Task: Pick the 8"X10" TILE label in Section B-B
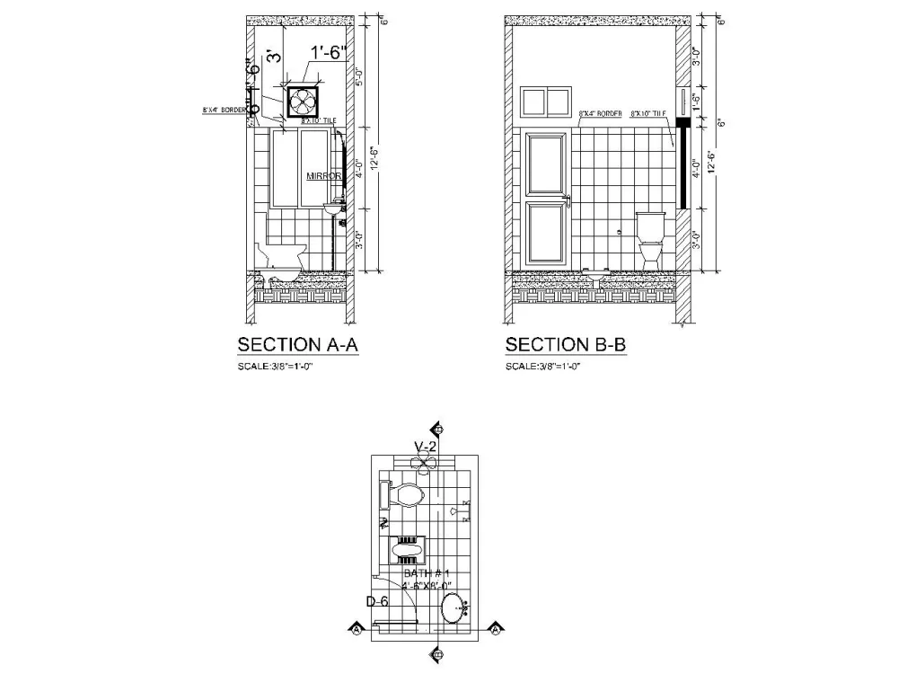pyautogui.click(x=648, y=114)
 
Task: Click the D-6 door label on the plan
pyautogui.click(x=376, y=601)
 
